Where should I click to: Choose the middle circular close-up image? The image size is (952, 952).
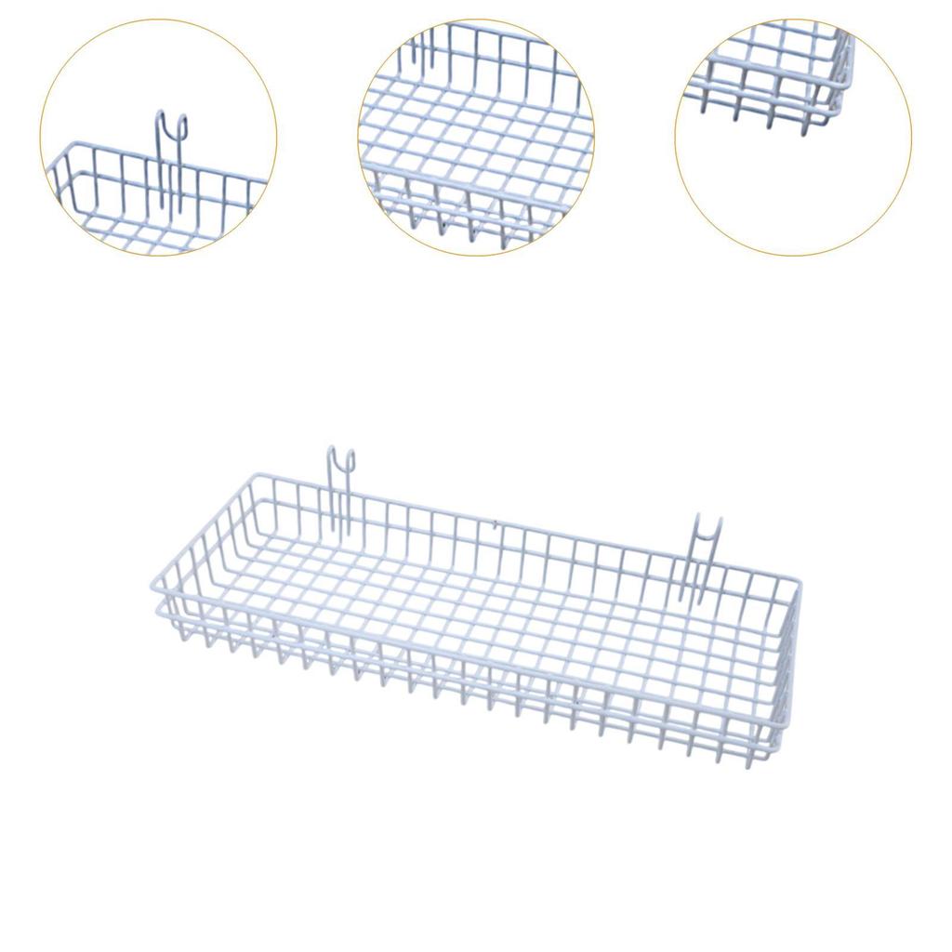pos(476,137)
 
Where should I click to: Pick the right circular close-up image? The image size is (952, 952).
pos(793,137)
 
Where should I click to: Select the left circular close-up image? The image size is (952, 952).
pos(158,137)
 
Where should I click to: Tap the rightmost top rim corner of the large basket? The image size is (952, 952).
pos(800,581)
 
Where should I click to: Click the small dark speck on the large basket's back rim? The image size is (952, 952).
pos(496,522)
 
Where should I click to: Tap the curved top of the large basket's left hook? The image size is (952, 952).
pos(341,453)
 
